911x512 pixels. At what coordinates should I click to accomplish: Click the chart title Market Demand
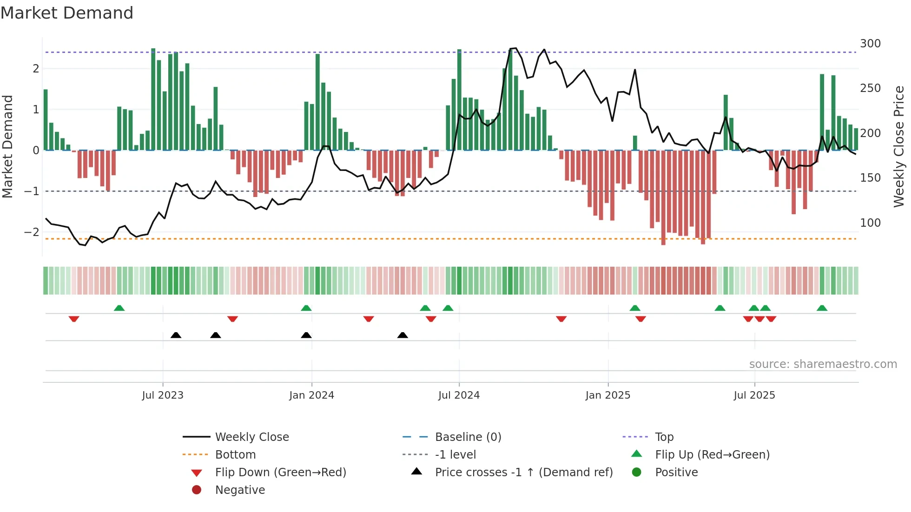point(67,13)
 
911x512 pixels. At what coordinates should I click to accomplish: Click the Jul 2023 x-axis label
point(163,395)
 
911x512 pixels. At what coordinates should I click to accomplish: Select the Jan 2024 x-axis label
point(311,395)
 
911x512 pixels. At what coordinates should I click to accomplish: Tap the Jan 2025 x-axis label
point(607,395)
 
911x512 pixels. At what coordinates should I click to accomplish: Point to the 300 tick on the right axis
point(870,44)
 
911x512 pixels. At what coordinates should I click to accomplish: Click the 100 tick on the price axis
point(870,223)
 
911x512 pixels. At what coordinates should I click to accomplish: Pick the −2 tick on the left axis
point(32,232)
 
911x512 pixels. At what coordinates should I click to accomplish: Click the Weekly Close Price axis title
point(899,146)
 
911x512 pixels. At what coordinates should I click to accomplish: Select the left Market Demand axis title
point(8,146)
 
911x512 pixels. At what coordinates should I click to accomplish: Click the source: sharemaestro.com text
point(823,364)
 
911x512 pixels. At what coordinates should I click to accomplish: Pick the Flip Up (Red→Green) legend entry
point(712,455)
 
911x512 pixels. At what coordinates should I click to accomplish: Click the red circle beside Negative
point(197,490)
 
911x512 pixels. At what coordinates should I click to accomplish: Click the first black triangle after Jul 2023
point(176,335)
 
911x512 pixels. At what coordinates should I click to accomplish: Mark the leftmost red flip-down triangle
point(74,319)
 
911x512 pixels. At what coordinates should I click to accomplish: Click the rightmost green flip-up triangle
point(822,308)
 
